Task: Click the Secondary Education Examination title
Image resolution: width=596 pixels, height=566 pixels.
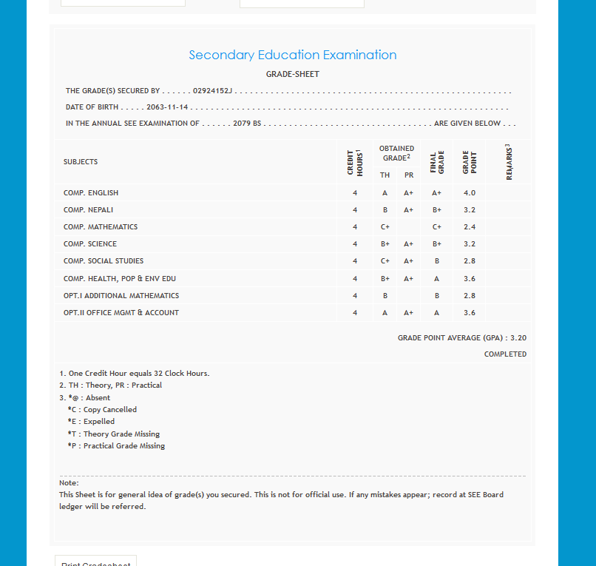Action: (x=293, y=55)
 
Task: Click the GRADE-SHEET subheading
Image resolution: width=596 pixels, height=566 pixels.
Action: (x=293, y=74)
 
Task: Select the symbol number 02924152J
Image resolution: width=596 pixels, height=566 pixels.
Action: (x=213, y=91)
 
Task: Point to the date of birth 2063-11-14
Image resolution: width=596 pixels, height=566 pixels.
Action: (x=168, y=107)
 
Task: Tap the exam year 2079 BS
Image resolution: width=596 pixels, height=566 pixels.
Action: (x=248, y=124)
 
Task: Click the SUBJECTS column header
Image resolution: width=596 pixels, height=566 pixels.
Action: (x=81, y=162)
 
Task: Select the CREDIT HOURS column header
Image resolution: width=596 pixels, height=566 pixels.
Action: (x=355, y=162)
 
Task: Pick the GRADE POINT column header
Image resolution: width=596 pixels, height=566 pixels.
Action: (x=470, y=162)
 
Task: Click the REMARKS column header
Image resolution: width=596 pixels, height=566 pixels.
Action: (x=509, y=162)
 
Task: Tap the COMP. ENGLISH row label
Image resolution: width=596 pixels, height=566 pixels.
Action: (x=91, y=193)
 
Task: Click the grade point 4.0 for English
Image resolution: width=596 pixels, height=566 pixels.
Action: (x=470, y=193)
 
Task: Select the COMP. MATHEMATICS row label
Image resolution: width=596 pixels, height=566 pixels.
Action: (x=101, y=227)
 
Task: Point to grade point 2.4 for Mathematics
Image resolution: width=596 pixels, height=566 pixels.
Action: (x=470, y=227)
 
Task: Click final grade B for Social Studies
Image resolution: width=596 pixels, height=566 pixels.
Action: (x=437, y=261)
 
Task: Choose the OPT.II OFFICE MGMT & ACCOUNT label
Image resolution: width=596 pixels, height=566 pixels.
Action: (x=121, y=313)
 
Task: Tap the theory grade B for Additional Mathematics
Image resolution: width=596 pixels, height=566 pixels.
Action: (x=385, y=296)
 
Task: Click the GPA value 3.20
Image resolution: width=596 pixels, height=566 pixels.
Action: (x=518, y=338)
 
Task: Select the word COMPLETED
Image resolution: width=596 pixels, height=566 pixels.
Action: (x=505, y=354)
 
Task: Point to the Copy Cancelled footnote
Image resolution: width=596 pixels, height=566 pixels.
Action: (x=109, y=410)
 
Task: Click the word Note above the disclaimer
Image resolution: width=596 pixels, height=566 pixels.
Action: (x=69, y=483)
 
